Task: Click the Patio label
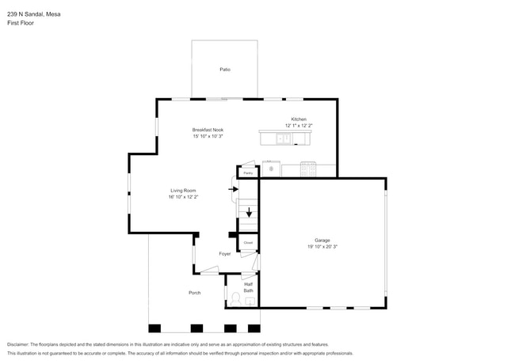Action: click(225, 70)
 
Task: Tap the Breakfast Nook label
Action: click(208, 130)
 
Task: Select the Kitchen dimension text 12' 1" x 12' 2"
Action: click(299, 126)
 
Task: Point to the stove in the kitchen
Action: click(307, 169)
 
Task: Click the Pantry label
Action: click(247, 172)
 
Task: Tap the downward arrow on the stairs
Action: click(249, 212)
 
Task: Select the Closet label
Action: click(247, 243)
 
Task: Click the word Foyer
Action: click(225, 254)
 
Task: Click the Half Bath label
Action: click(248, 287)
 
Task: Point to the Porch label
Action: click(194, 293)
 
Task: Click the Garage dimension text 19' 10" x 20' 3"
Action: click(322, 246)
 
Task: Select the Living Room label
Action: click(183, 190)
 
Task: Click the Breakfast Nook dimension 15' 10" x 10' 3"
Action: click(208, 136)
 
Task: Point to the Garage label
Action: click(322, 240)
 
